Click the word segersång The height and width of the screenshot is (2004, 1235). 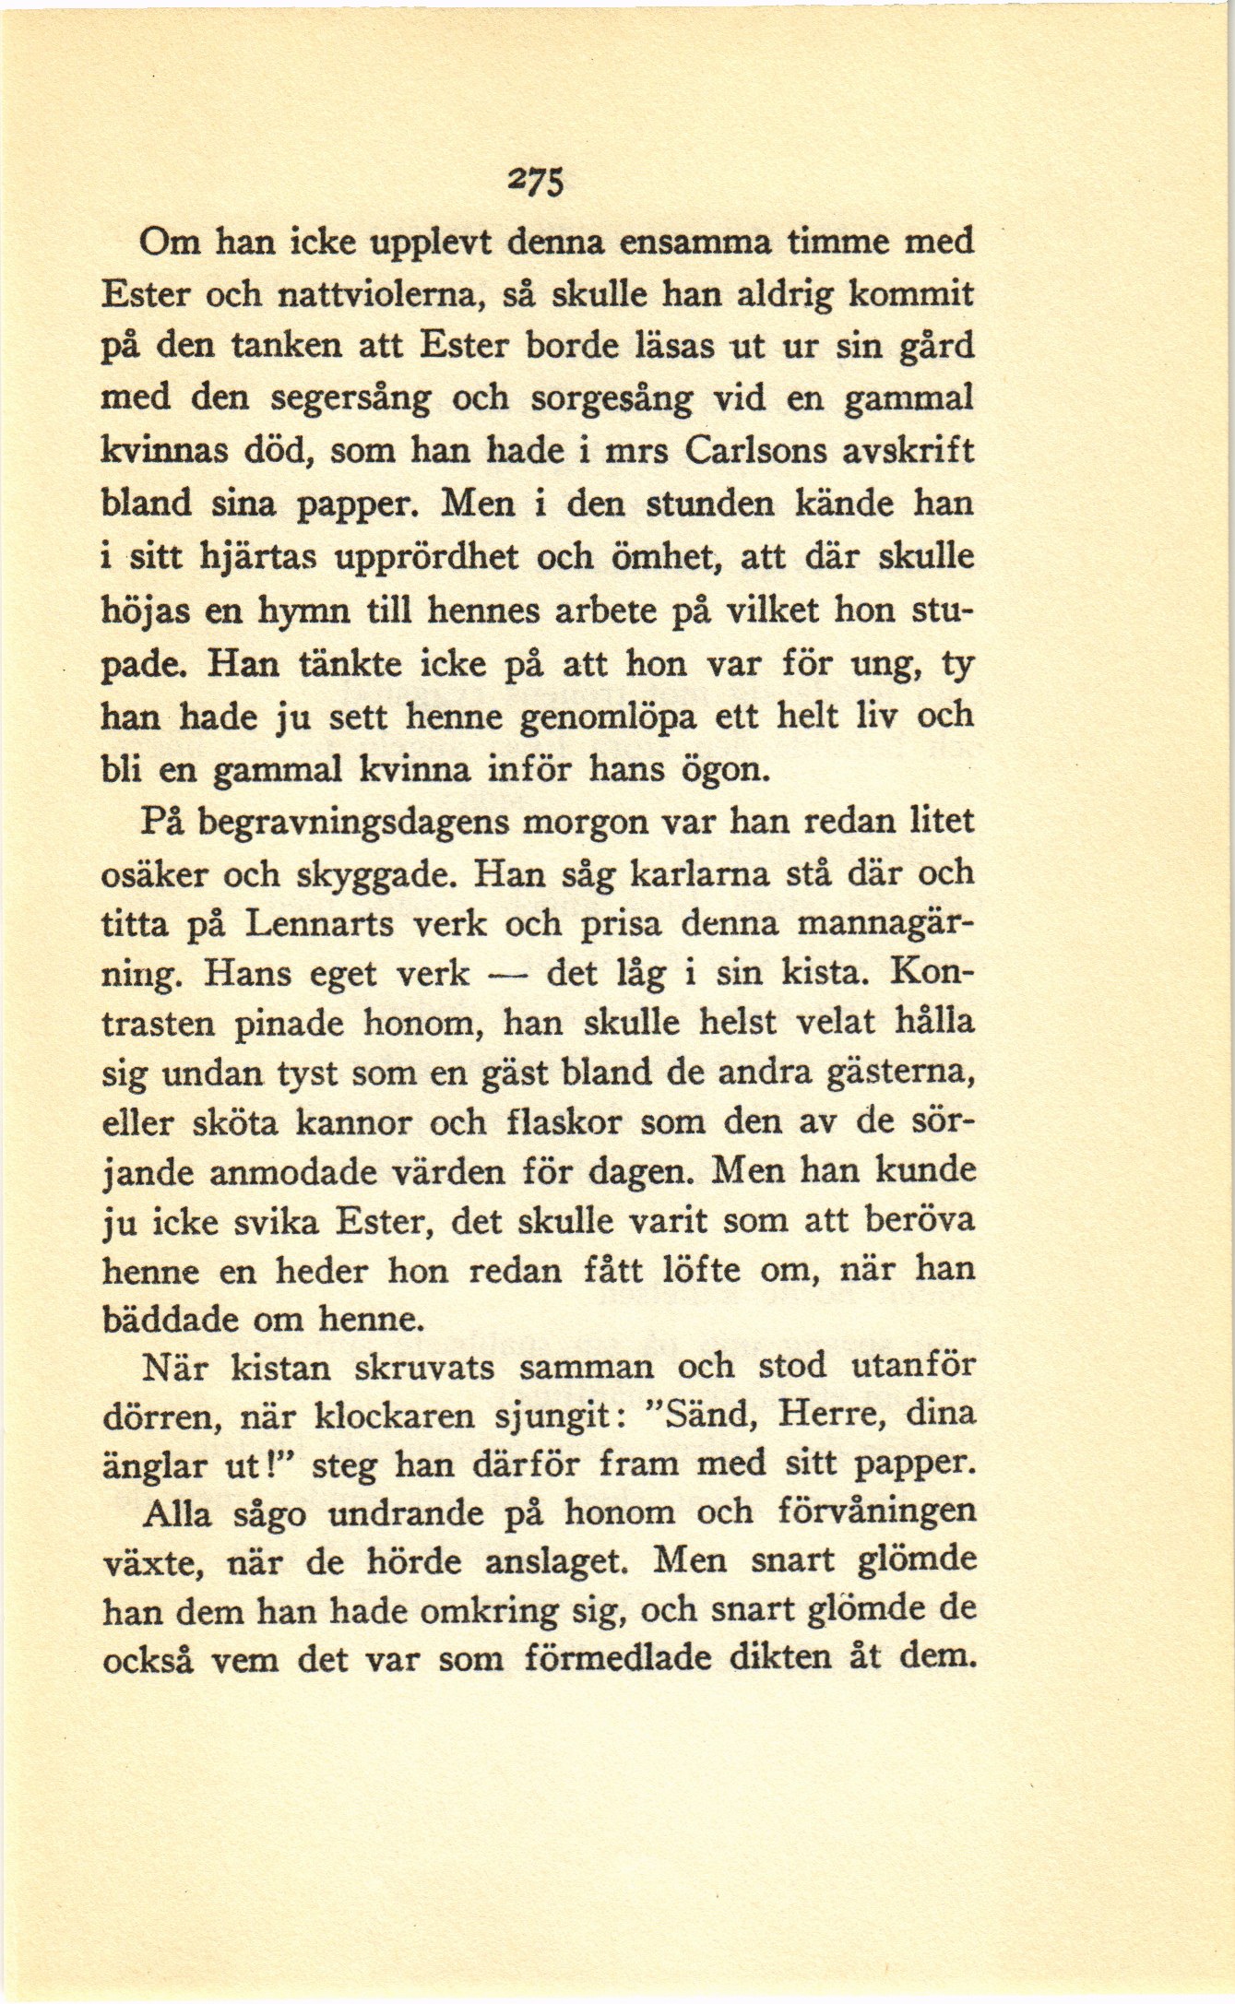352,399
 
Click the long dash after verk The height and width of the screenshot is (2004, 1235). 507,974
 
